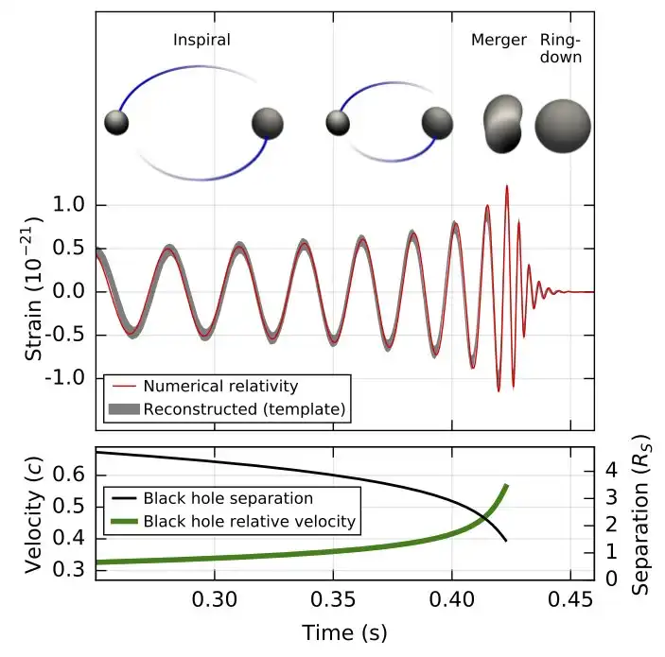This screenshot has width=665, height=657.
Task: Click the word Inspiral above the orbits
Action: click(x=201, y=40)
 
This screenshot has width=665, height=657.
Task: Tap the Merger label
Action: click(x=499, y=40)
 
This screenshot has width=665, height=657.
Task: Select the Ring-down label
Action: click(x=560, y=48)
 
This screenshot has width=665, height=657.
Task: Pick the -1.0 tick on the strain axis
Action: click(x=63, y=378)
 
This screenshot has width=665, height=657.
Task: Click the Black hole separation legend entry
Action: click(x=227, y=497)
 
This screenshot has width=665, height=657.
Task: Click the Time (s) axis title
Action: click(x=344, y=631)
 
